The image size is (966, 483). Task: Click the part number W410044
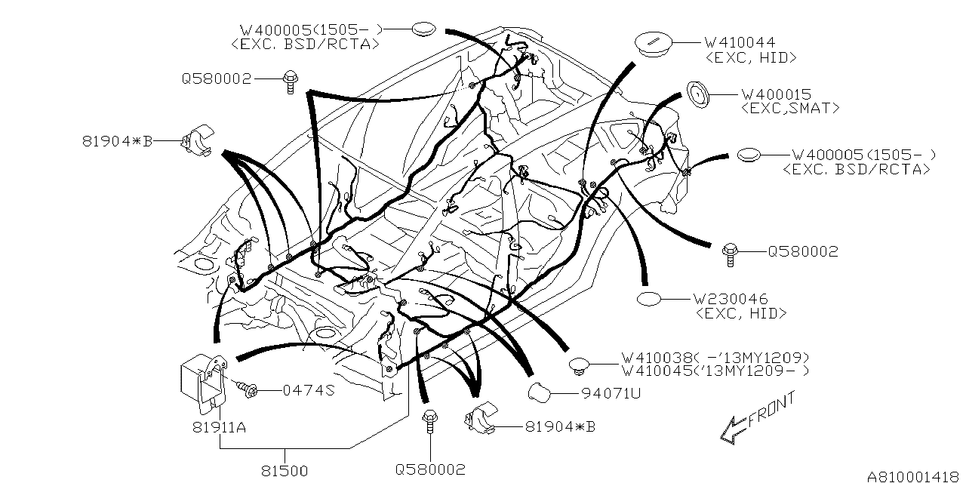[740, 42]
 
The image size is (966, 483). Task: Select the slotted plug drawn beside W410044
[653, 44]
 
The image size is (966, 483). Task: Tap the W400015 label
[777, 94]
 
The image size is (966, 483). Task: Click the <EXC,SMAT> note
[790, 108]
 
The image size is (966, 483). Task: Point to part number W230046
[731, 298]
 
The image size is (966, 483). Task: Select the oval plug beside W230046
[648, 298]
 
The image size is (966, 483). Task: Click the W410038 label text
[657, 358]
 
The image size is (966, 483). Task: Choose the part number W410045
[657, 371]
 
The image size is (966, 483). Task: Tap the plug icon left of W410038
[579, 365]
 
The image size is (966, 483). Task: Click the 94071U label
[611, 393]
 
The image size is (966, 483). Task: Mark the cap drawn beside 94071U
[540, 392]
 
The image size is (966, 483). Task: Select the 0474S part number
[309, 390]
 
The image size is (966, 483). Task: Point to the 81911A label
[219, 427]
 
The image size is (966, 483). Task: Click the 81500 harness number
[285, 471]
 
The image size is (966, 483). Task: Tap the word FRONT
[772, 409]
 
